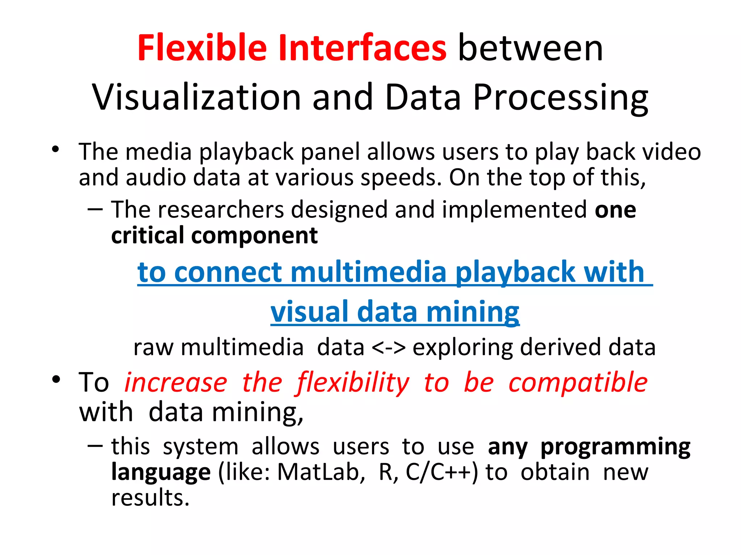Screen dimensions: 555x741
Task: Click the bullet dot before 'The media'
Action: [x=55, y=149]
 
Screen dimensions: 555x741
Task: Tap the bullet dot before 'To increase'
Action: [x=56, y=379]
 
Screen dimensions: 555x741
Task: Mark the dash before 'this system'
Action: [x=95, y=446]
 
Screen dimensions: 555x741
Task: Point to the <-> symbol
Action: [x=389, y=348]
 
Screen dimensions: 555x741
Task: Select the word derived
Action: [x=561, y=348]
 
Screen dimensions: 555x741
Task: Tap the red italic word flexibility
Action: [x=353, y=383]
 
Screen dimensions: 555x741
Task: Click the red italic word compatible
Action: [x=578, y=383]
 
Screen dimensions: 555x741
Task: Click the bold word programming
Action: [x=615, y=447]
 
